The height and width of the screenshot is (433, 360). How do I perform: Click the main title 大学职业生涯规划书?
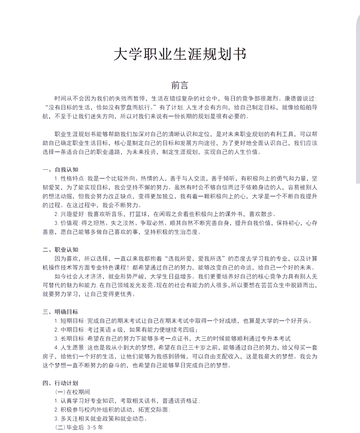(x=180, y=54)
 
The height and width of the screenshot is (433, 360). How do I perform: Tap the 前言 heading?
(x=180, y=85)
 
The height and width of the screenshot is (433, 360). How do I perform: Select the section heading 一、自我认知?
(x=60, y=170)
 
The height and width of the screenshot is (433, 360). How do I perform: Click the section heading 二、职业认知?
(x=60, y=250)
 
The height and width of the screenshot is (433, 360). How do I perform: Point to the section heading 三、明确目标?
(x=60, y=312)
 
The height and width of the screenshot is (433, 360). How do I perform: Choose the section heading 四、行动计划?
(x=60, y=383)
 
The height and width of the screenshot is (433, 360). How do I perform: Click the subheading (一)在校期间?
(x=73, y=392)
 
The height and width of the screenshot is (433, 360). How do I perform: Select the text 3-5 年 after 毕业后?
(x=95, y=427)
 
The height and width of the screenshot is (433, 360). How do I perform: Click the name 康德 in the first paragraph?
(x=291, y=99)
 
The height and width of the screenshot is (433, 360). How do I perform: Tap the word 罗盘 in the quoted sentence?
(x=132, y=107)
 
